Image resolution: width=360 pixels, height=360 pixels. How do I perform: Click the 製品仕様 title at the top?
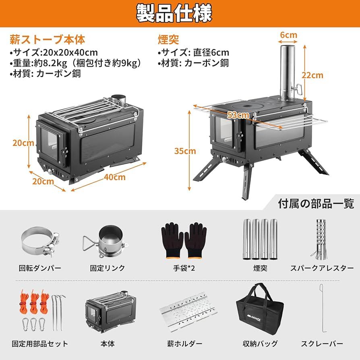click(x=180, y=13)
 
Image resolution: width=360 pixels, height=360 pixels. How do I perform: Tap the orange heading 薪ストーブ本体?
click(x=48, y=40)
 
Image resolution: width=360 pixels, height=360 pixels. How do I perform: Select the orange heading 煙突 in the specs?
click(x=168, y=40)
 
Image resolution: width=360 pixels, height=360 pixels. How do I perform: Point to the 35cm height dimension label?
click(x=185, y=151)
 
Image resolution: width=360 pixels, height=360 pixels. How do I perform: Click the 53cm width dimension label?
click(x=238, y=115)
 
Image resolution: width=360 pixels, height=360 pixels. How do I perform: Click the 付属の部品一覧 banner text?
click(x=316, y=203)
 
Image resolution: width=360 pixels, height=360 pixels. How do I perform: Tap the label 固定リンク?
click(x=108, y=268)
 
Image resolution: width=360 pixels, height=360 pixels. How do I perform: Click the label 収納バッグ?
click(x=260, y=343)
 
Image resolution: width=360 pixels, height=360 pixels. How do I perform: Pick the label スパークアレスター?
click(x=317, y=268)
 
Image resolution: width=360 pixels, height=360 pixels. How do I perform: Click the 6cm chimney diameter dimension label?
click(x=288, y=35)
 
